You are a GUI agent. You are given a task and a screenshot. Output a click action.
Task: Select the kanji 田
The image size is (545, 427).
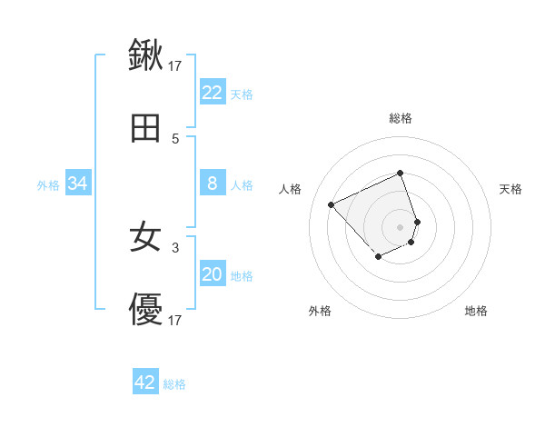pyautogui.click(x=146, y=128)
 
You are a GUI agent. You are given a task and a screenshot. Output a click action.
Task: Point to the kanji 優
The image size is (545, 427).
pyautogui.click(x=146, y=310)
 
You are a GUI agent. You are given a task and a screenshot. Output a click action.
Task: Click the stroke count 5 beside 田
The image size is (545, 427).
pyautogui.click(x=175, y=139)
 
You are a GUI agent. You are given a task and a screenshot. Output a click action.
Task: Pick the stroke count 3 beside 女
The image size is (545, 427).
pyautogui.click(x=175, y=246)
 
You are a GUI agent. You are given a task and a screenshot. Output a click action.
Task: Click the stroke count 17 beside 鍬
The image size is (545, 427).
pyautogui.click(x=175, y=65)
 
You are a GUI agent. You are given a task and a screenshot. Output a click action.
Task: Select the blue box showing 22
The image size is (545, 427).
pyautogui.click(x=212, y=93)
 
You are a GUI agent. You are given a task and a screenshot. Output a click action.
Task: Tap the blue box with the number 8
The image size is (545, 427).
pyautogui.click(x=212, y=184)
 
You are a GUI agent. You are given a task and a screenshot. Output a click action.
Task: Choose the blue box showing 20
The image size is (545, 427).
pyautogui.click(x=212, y=274)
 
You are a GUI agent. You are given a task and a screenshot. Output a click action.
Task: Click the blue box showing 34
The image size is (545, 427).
pyautogui.click(x=78, y=184)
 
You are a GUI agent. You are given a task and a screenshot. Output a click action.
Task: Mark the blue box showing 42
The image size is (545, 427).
pyautogui.click(x=145, y=382)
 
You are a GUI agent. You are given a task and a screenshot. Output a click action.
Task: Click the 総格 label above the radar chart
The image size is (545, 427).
pyautogui.click(x=401, y=118)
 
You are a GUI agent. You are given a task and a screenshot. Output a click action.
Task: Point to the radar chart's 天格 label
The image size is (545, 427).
pyautogui.click(x=511, y=189)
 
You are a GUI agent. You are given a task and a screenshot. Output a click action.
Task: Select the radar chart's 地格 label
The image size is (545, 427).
pyautogui.click(x=476, y=311)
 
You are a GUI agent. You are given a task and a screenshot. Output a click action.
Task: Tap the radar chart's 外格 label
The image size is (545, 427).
pyautogui.click(x=320, y=311)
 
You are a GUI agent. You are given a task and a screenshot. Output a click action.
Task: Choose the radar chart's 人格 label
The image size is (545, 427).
pyautogui.click(x=291, y=189)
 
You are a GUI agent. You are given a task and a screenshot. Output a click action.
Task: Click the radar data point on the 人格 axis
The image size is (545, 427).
pyautogui.click(x=332, y=204)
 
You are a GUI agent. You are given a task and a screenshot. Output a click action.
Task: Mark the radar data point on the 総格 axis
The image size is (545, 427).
pyautogui.click(x=401, y=174)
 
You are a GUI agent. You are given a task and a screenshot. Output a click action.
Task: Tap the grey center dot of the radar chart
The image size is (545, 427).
pyautogui.click(x=401, y=226)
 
